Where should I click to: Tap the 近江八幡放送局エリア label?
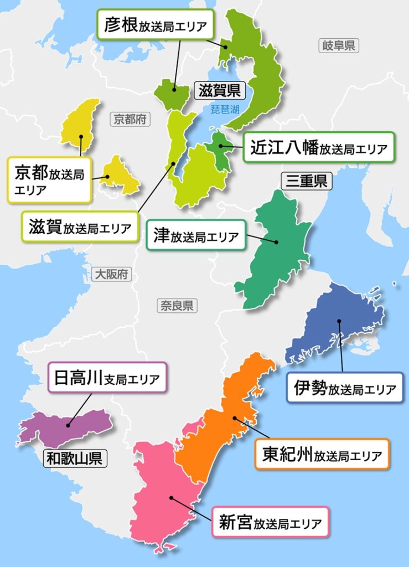pos(318,147)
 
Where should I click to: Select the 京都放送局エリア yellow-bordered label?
pos(49,180)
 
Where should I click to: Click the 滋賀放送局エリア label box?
pos(80,226)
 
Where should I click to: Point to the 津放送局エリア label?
pos(196,236)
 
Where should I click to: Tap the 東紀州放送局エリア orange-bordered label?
pos(322,455)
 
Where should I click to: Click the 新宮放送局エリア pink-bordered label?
pos(270,522)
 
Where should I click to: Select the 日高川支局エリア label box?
pos(107,378)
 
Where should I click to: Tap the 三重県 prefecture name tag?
pos(306,181)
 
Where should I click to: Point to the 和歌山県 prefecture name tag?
pos(75,458)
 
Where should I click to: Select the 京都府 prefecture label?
pos(130,118)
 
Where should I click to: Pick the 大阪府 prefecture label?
pos(111,274)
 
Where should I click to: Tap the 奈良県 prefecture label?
pos(177,305)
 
